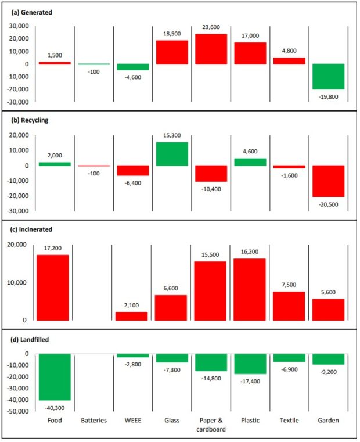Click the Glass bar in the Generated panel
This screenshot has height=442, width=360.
point(171,52)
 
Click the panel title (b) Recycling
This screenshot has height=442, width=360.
point(28,120)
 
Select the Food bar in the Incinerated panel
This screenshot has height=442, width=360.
point(53,288)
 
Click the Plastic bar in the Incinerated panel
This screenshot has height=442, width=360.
point(251,289)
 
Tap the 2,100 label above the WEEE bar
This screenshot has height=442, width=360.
point(132,307)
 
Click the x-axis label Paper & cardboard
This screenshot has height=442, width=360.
point(211,425)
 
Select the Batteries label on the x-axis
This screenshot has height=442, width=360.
point(93,421)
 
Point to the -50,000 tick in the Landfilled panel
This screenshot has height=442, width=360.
point(21,411)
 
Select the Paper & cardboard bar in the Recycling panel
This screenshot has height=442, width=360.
point(211,174)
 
